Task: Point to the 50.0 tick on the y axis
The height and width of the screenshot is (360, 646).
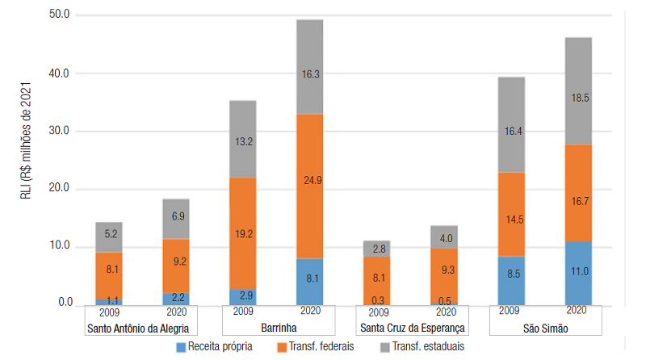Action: click(x=60, y=15)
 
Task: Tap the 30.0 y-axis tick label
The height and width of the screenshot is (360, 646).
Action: click(x=60, y=131)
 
